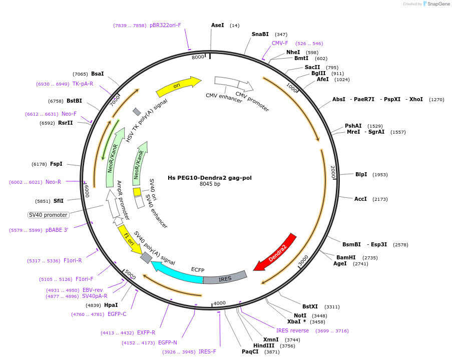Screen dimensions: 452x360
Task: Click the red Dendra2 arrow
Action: pyautogui.click(x=276, y=253)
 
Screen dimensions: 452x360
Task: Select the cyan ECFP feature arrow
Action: pyautogui.click(x=176, y=272)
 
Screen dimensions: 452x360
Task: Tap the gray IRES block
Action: pyautogui.click(x=225, y=278)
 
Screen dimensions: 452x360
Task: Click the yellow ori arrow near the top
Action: pyautogui.click(x=178, y=86)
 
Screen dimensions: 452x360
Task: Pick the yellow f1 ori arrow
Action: pyautogui.click(x=130, y=240)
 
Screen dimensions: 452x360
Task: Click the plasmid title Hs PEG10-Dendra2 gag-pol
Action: pyautogui.click(x=210, y=178)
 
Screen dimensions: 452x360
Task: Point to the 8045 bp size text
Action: pyautogui.click(x=210, y=184)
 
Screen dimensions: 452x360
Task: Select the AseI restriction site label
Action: pyautogui.click(x=218, y=25)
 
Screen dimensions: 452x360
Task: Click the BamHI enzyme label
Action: pyautogui.click(x=346, y=257)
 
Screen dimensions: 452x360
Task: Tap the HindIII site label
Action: pyautogui.click(x=264, y=345)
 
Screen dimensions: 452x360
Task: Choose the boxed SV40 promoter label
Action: pyautogui.click(x=48, y=215)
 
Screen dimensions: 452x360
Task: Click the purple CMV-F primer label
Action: pyautogui.click(x=280, y=43)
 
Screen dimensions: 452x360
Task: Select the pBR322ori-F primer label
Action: pyautogui.click(x=165, y=25)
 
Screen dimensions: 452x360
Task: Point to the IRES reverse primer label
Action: pyautogui.click(x=292, y=330)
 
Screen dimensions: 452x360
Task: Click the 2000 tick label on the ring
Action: pyautogui.click(x=333, y=172)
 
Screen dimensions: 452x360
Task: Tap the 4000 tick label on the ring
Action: pyautogui.click(x=219, y=303)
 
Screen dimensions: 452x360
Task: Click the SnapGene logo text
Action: pyautogui.click(x=438, y=4)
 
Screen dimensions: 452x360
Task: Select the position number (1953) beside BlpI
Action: pyautogui.click(x=380, y=175)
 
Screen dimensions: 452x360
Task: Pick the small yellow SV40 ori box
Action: pyautogui.click(x=137, y=192)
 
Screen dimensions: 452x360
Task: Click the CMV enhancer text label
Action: pyautogui.click(x=224, y=98)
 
